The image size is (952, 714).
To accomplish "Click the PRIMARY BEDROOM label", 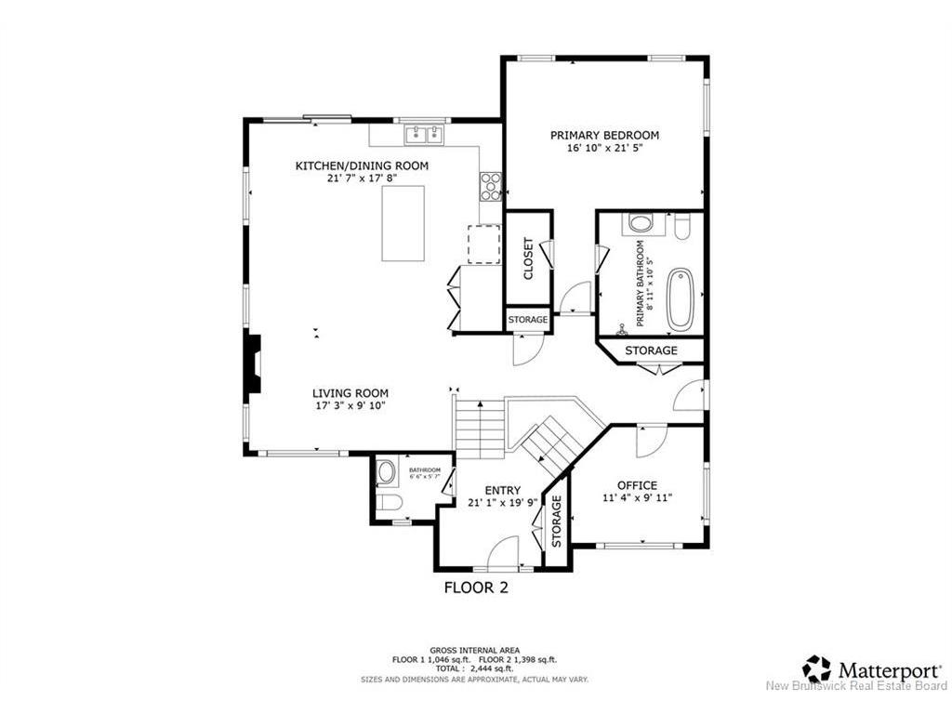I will [x=604, y=135].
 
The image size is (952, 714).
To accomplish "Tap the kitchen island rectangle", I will [x=403, y=223].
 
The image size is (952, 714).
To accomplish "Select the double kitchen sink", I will [x=422, y=136].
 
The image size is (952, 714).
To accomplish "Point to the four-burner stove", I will [x=490, y=187].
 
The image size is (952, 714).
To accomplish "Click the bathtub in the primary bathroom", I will [x=680, y=299].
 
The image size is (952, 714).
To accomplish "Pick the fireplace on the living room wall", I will [x=253, y=368].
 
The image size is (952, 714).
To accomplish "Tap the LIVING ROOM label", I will [x=350, y=392].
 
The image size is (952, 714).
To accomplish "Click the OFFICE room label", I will [x=637, y=485].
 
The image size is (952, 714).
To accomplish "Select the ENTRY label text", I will [x=502, y=491].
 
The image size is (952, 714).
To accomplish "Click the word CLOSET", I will [x=528, y=259].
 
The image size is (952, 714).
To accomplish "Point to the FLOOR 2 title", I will [x=476, y=588].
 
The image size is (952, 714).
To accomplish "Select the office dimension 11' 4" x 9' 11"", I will [x=637, y=498].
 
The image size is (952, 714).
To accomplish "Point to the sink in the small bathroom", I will [x=386, y=472].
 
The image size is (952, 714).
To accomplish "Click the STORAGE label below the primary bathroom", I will [x=651, y=350].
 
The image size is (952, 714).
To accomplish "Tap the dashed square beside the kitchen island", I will [x=483, y=244].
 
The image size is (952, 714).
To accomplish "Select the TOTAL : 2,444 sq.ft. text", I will [x=475, y=668].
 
